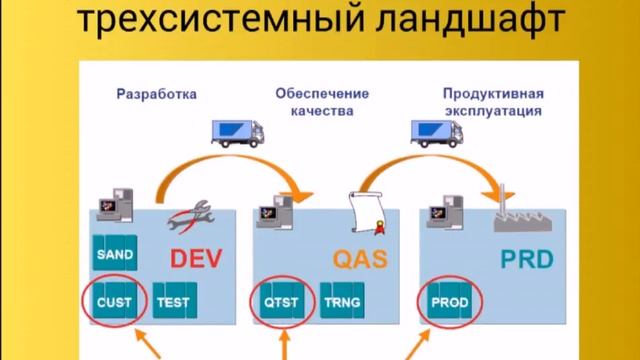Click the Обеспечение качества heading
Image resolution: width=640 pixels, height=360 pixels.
322,103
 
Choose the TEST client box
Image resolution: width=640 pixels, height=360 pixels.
173,299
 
